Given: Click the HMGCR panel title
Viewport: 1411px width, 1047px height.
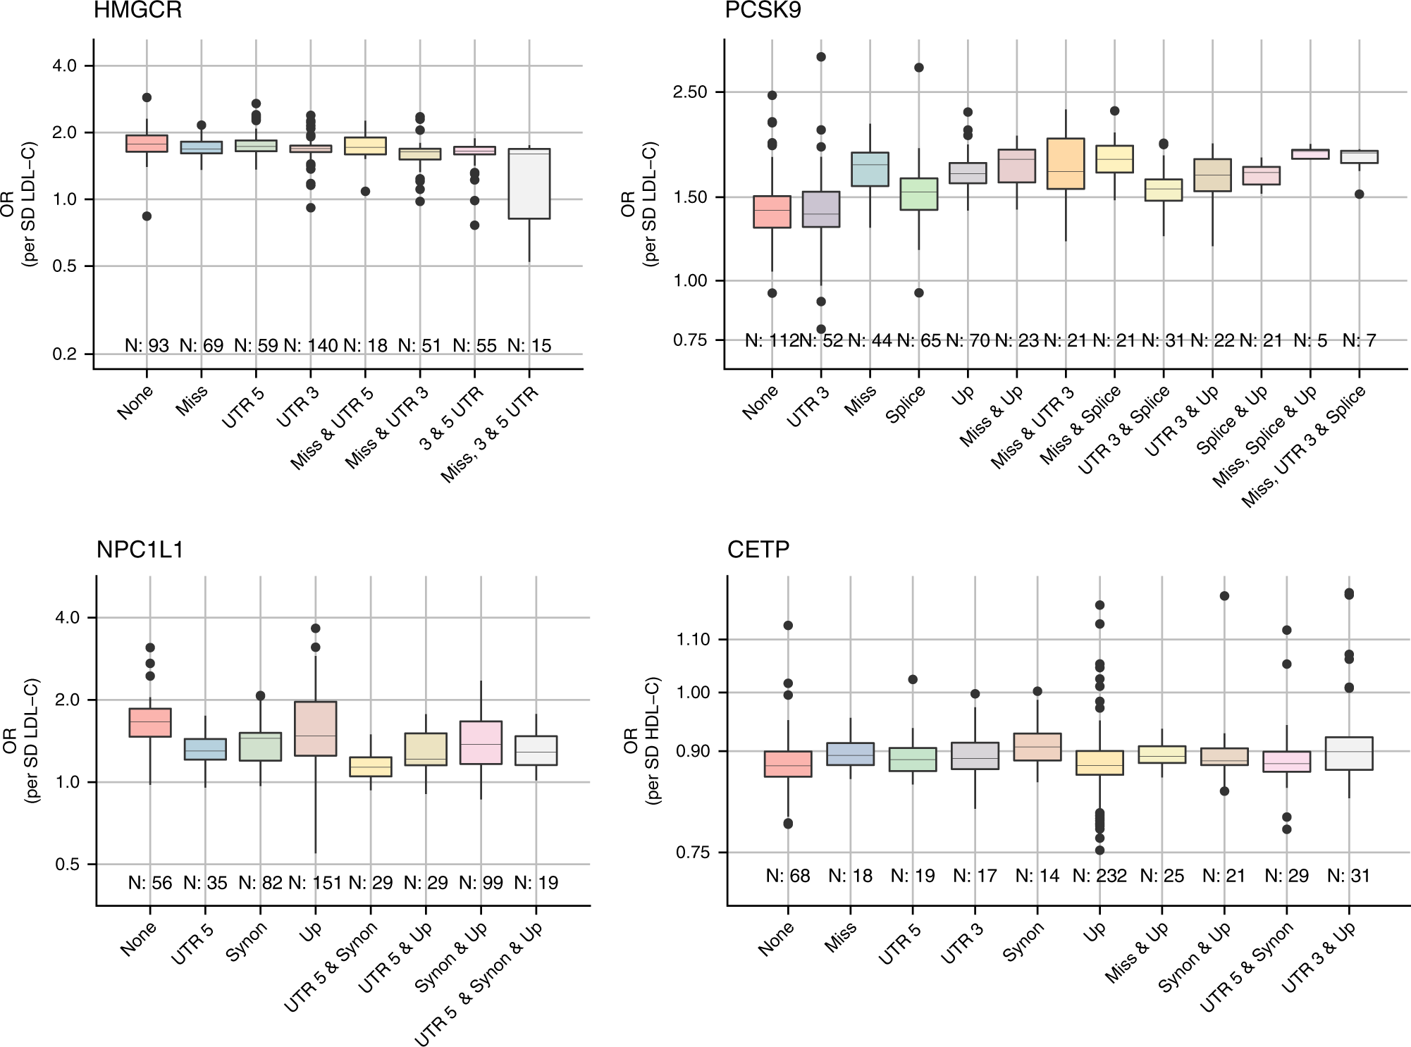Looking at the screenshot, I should [x=137, y=11].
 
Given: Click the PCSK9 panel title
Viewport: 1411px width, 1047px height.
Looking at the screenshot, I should [x=763, y=11].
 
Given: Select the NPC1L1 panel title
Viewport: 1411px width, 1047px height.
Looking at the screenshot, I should [x=140, y=550].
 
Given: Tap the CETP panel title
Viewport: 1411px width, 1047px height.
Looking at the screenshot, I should [x=758, y=550].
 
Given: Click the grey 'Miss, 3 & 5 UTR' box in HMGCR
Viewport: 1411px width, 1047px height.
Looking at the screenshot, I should [x=529, y=184].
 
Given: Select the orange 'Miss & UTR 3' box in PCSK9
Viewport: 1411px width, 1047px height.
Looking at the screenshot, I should [x=1066, y=163].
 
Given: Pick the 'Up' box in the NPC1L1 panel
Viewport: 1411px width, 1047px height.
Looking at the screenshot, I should [x=315, y=729].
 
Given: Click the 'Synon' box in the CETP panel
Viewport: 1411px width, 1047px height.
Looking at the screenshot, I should [x=1037, y=747].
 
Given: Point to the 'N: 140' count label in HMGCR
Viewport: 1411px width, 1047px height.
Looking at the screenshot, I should [x=311, y=346].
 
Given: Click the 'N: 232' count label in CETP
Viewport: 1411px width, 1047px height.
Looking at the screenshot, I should [x=1099, y=876].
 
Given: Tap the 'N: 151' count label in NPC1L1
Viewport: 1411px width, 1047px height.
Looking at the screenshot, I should [x=315, y=883].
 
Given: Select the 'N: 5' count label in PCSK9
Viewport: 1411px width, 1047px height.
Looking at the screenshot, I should [x=1310, y=341].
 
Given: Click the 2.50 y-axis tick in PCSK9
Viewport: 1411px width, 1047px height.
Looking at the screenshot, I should [x=690, y=92].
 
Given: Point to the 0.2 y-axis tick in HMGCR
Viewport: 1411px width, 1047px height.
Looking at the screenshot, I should [x=65, y=354].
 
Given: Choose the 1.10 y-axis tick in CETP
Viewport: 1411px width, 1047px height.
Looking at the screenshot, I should [x=693, y=640].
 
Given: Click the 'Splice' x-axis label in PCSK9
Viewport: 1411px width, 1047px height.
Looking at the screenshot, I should [x=905, y=406].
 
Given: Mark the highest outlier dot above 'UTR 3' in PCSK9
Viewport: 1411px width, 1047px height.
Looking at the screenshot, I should [x=821, y=57].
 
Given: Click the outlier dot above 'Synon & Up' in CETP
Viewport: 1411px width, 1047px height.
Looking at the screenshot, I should [x=1224, y=596].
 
